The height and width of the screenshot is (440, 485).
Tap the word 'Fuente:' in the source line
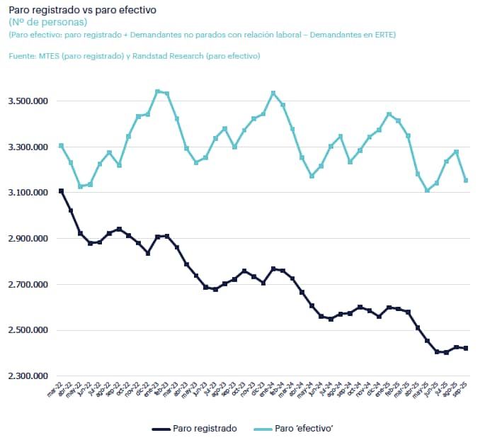[x=22, y=56]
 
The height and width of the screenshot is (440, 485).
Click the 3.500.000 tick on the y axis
[x=29, y=101]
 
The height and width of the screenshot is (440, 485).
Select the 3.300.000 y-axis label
[x=29, y=147]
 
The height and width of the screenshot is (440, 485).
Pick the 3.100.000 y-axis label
[x=29, y=193]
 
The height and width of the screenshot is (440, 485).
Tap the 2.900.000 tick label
[x=29, y=239]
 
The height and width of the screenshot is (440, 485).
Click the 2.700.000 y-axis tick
[x=29, y=285]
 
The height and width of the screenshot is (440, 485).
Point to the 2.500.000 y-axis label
[x=29, y=330]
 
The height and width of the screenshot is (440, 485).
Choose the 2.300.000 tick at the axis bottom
[x=29, y=376]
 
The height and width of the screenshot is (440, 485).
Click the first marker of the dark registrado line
[x=62, y=191]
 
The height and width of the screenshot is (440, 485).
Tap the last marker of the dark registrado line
[x=465, y=348]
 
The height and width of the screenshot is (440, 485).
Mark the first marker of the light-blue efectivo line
[x=62, y=146]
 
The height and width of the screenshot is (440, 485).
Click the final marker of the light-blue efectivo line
[x=465, y=181]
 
